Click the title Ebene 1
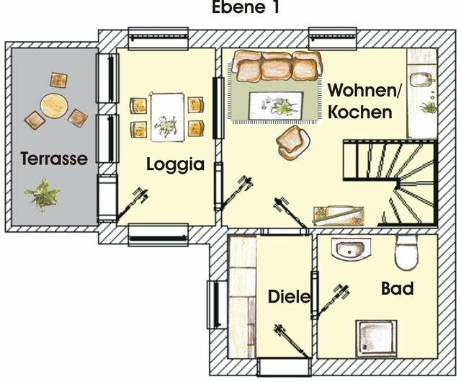point(245,9)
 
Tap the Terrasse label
point(54,158)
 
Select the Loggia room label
point(175,164)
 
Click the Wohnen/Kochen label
point(360,102)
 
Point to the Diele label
point(289,296)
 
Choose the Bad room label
point(397,289)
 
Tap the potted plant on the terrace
point(42,194)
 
